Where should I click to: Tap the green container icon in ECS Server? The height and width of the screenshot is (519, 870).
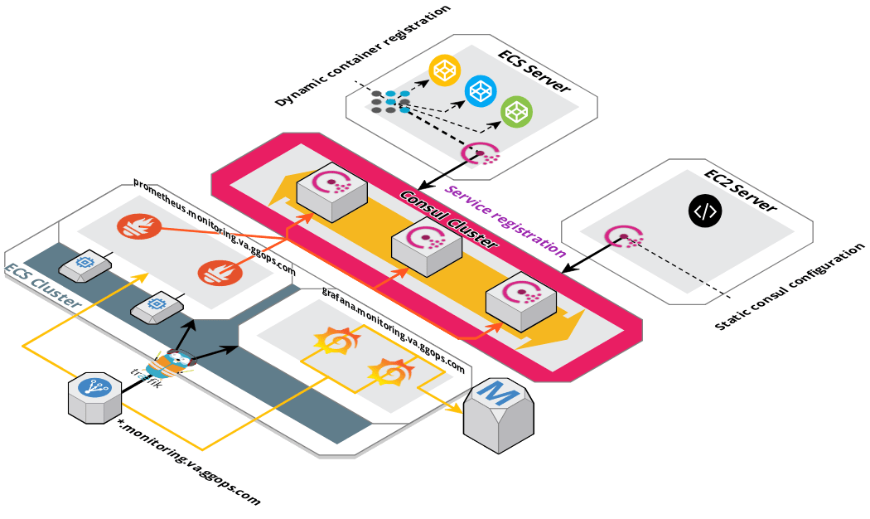516,112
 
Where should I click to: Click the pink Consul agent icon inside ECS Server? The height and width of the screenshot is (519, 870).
479,153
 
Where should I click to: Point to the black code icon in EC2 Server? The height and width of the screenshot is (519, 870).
704,211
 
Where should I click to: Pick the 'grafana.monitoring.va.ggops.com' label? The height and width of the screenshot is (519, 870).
393,331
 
